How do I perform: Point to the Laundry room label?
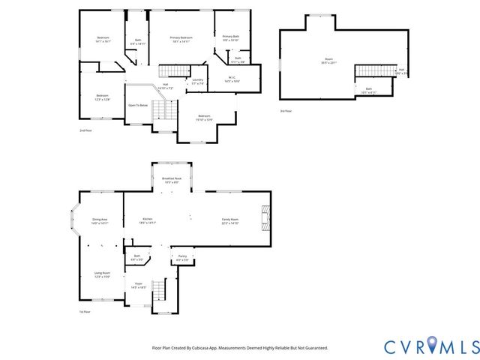[x=197, y=81]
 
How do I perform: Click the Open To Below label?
[x=138, y=105]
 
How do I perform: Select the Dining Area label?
[x=100, y=220]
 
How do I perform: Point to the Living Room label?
[x=102, y=274]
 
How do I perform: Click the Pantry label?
[x=182, y=257]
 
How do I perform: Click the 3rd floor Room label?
[x=328, y=61]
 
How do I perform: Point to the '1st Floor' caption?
[x=85, y=312]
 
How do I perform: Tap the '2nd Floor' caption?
[x=85, y=130]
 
